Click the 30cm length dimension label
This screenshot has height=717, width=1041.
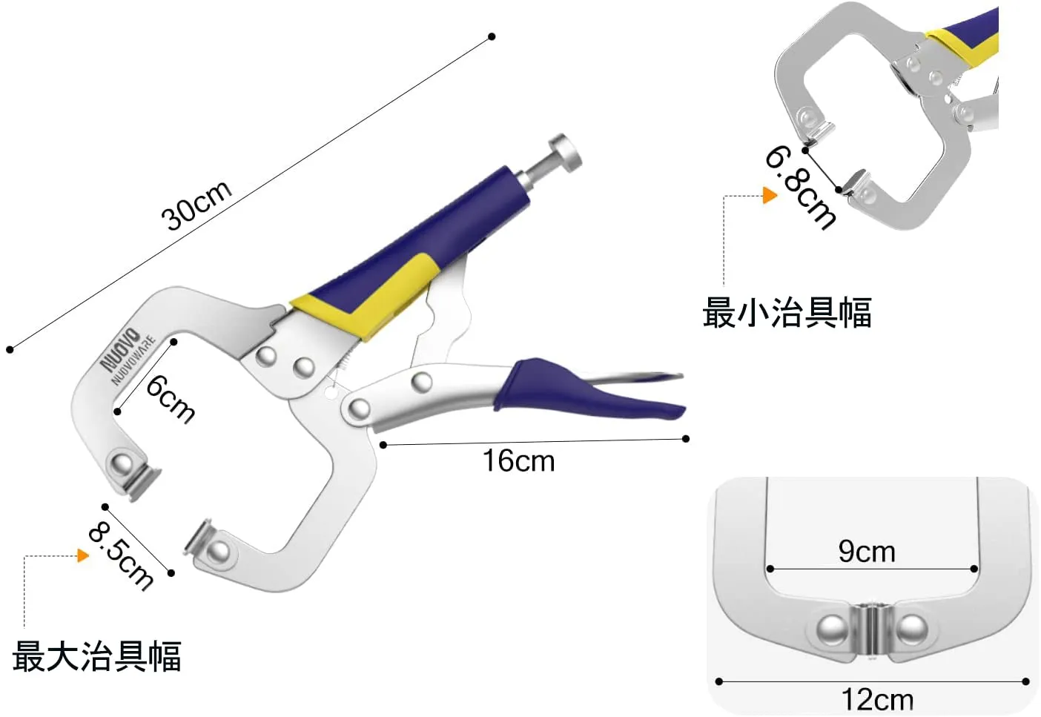click(196, 205)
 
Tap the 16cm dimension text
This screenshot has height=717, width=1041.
click(518, 461)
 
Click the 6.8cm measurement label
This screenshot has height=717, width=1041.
click(801, 186)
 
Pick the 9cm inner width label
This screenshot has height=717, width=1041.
click(867, 552)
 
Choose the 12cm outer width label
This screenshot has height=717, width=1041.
click(877, 699)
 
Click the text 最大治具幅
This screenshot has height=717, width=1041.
click(96, 656)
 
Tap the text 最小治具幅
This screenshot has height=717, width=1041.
click(787, 312)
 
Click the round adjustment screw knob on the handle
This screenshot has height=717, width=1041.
click(565, 152)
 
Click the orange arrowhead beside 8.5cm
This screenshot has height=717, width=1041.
click(83, 555)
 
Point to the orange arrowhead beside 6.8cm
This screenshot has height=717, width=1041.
click(770, 196)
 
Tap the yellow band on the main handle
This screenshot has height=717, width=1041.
click(371, 297)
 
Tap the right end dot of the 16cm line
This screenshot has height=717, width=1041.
click(686, 439)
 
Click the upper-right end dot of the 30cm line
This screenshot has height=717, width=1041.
click(492, 36)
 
